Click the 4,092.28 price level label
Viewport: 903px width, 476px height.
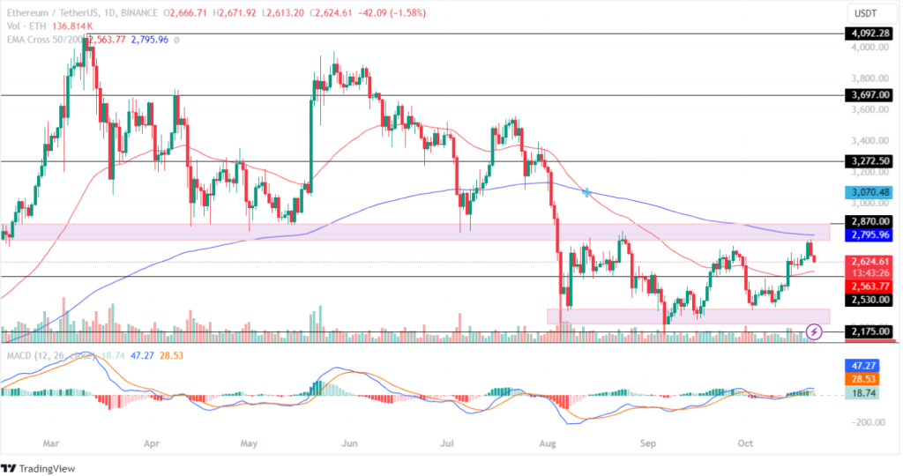(868, 33)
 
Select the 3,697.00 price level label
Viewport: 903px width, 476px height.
(868, 94)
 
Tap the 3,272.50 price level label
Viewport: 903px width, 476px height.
(868, 161)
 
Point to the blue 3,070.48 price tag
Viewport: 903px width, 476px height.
(868, 191)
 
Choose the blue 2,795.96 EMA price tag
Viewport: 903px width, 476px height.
(868, 236)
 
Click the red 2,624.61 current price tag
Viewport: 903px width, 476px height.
(868, 262)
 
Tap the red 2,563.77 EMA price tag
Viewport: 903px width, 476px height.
(868, 286)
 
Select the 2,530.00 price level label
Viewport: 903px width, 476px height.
(868, 300)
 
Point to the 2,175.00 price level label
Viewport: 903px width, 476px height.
(868, 331)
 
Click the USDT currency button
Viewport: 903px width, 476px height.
(868, 14)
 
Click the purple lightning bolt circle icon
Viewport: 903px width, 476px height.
(815, 331)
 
